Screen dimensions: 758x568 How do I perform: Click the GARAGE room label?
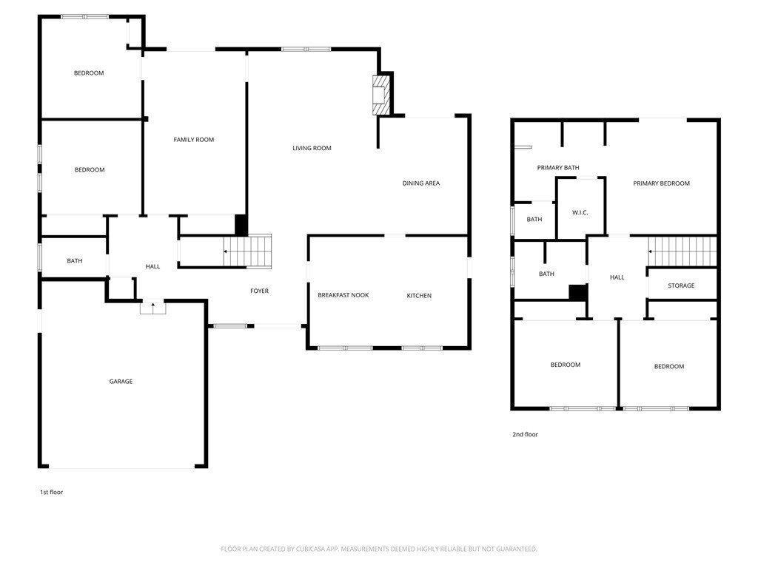point(121,382)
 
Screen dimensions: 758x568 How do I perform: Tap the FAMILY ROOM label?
point(194,140)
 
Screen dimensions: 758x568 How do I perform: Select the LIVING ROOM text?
point(312,148)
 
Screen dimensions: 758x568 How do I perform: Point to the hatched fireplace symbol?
point(381,95)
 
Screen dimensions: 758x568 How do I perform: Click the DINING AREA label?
point(421,183)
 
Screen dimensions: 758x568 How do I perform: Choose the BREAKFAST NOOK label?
point(343,295)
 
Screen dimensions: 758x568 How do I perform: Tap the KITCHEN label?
point(419,296)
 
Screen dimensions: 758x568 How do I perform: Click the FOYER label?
point(260,291)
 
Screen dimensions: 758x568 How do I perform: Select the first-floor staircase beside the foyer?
point(247,251)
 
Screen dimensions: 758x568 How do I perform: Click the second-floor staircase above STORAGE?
point(682,251)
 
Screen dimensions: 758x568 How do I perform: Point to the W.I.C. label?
point(580,212)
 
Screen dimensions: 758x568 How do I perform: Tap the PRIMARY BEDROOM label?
point(661,183)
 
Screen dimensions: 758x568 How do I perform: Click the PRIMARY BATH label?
point(558,168)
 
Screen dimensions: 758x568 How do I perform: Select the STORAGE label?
point(681,285)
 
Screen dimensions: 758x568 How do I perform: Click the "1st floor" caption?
point(51,492)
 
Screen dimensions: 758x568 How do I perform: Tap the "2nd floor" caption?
point(525,434)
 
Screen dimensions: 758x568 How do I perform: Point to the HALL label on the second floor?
point(617,277)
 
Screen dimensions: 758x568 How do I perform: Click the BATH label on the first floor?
point(75,261)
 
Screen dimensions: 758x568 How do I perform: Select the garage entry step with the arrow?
point(152,307)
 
